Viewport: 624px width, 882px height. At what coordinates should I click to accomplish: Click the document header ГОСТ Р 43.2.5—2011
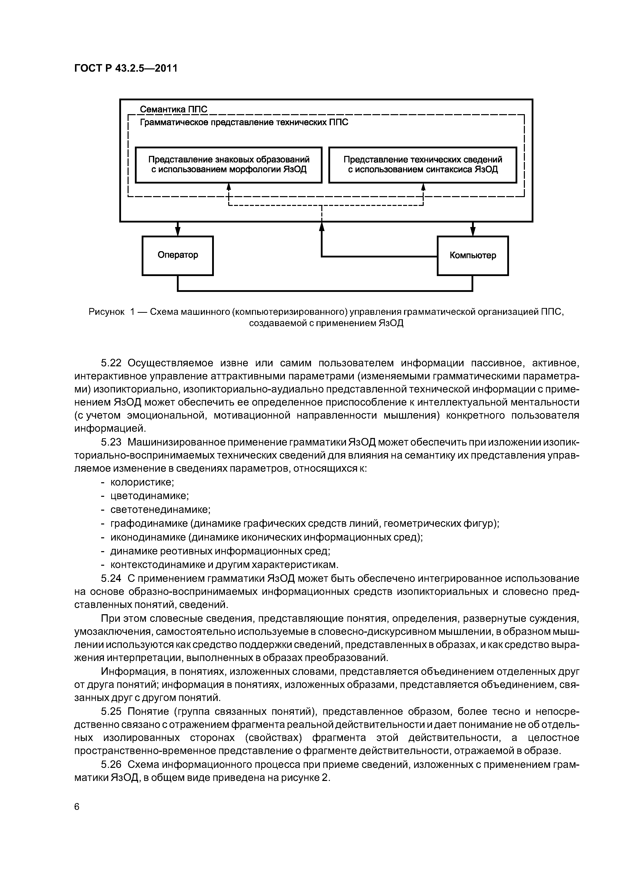click(126, 68)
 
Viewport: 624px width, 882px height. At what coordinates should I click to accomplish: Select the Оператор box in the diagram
click(178, 255)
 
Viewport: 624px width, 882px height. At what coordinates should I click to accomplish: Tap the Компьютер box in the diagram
click(473, 255)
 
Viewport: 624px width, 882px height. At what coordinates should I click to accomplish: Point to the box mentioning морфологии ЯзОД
click(229, 164)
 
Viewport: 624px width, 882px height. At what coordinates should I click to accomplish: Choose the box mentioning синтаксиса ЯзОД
click(422, 164)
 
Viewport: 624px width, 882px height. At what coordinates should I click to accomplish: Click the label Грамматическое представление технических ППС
click(244, 122)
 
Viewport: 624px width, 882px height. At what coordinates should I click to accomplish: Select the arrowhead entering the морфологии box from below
click(229, 187)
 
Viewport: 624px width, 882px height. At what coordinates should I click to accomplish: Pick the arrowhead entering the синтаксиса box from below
click(423, 187)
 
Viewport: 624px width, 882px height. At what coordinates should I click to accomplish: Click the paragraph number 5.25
click(111, 712)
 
